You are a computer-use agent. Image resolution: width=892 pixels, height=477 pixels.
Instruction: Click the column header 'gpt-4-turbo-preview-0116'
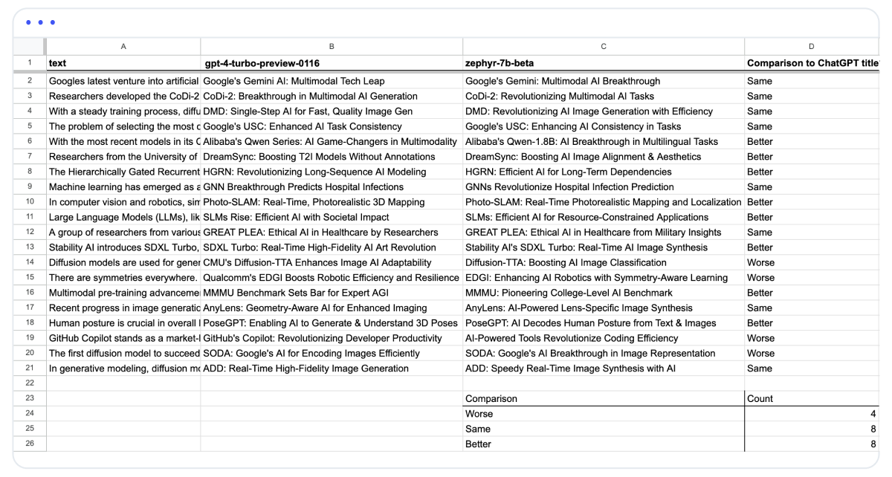pos(262,64)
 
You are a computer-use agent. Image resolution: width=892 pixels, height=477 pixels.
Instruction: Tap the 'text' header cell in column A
pos(58,64)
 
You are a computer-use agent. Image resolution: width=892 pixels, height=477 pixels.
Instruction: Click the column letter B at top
pos(332,46)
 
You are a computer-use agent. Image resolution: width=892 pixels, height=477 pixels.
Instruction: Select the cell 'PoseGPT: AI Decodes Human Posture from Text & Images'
pos(591,323)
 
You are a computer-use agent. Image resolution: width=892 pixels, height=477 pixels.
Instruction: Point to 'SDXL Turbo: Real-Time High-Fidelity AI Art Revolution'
pos(320,247)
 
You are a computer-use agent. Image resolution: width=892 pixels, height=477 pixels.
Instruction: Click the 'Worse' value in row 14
pos(760,262)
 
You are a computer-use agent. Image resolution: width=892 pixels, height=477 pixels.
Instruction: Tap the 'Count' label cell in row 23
pos(760,399)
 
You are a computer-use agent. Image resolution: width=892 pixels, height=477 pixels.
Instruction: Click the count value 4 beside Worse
pos(874,414)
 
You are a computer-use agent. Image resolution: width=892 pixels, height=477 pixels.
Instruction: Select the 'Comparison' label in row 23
pos(491,399)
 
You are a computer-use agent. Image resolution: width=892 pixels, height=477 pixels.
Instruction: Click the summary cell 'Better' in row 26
pos(478,444)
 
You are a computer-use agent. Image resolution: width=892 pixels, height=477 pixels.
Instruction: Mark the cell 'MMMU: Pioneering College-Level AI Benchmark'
pos(569,293)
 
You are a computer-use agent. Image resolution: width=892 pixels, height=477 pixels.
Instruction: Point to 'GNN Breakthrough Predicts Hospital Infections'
pos(306,187)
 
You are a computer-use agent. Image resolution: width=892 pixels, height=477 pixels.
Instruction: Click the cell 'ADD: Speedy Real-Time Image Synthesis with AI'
pos(570,369)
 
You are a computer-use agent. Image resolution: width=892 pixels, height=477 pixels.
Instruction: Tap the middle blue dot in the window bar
pos(40,22)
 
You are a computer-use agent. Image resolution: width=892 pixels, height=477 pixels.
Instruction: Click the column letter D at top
pos(811,46)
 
